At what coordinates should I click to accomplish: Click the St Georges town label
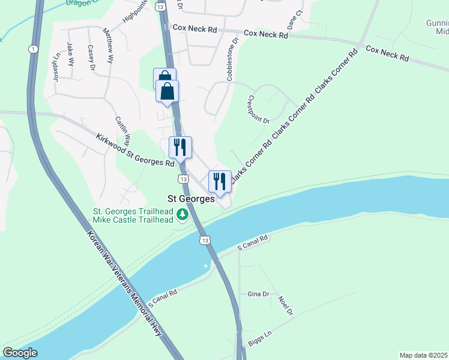click(190, 199)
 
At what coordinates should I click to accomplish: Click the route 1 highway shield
click(32, 49)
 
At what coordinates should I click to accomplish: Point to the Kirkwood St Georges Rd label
click(135, 150)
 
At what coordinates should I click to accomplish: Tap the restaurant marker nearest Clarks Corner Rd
click(220, 182)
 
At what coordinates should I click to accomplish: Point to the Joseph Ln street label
click(55, 68)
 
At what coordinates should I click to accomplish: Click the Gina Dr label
click(258, 294)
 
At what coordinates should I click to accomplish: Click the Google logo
click(20, 353)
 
